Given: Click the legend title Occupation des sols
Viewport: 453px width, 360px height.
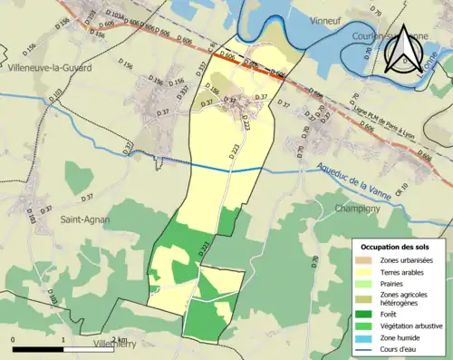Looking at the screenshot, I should click(398, 247).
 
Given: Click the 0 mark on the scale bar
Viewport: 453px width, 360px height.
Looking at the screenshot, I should click(14, 341).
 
